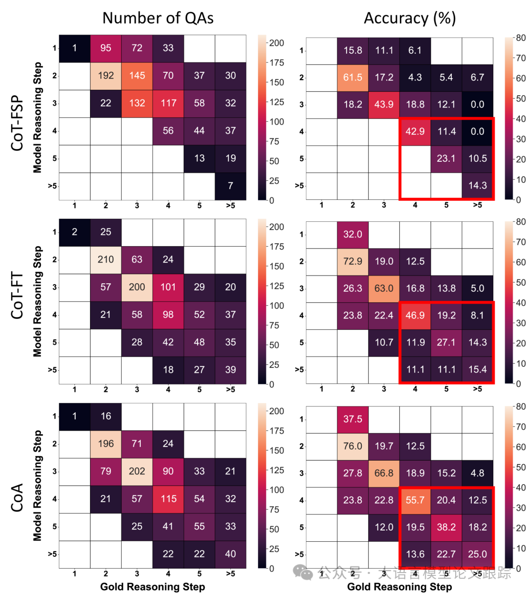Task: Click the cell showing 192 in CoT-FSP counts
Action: (106, 76)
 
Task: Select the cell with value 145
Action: (137, 76)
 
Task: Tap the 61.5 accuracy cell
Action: (352, 77)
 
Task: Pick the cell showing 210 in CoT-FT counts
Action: (106, 259)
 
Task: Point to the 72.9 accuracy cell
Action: (352, 261)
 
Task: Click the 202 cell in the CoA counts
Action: (137, 471)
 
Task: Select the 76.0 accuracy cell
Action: (352, 446)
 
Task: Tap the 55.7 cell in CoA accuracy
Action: (415, 500)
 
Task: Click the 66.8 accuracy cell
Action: (384, 473)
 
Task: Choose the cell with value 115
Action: (168, 499)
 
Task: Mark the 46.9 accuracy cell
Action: (415, 316)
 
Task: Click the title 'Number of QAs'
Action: (158, 18)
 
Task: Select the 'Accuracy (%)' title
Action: (410, 18)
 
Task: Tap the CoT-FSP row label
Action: (17, 117)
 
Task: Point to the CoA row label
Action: (17, 498)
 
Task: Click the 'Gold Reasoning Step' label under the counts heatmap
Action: (153, 587)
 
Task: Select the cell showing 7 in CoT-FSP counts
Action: (230, 186)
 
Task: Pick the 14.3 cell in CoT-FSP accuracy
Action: (478, 186)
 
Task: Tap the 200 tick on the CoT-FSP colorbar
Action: (276, 43)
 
